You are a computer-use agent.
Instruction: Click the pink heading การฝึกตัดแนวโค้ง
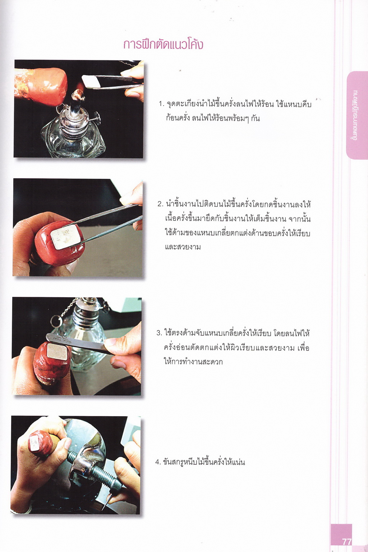tap(163, 45)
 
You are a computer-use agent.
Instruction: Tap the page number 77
tap(346, 542)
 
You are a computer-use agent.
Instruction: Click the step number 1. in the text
tap(161, 105)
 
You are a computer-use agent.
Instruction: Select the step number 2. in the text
tap(160, 204)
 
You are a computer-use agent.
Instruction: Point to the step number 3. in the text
tap(159, 333)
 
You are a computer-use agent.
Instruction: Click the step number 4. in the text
tap(158, 462)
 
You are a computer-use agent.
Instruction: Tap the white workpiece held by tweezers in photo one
tap(91, 81)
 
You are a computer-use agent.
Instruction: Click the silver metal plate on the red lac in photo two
tap(65, 237)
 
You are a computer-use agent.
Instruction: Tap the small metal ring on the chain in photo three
tap(56, 321)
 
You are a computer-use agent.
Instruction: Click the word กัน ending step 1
tap(256, 119)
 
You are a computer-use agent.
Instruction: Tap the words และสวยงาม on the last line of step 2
tap(183, 247)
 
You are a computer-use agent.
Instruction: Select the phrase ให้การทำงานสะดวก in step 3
tap(193, 362)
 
